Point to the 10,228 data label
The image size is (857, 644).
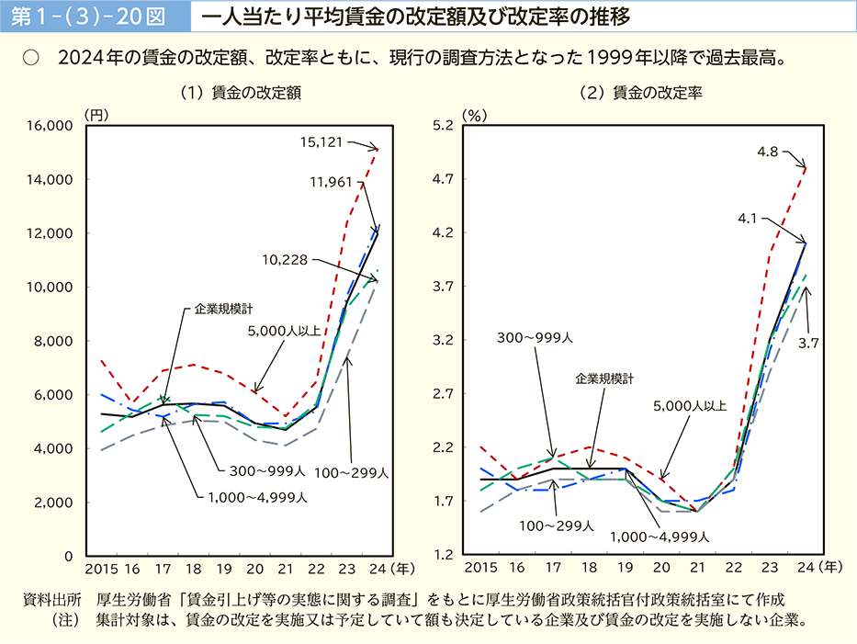click(284, 261)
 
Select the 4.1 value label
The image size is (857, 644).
click(747, 219)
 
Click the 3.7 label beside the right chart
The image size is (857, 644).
click(808, 343)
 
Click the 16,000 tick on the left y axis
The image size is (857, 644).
click(53, 126)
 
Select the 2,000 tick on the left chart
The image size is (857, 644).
click(57, 503)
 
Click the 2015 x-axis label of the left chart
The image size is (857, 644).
click(101, 569)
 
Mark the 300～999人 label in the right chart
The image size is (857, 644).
click(535, 338)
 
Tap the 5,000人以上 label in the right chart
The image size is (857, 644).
click(690, 405)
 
